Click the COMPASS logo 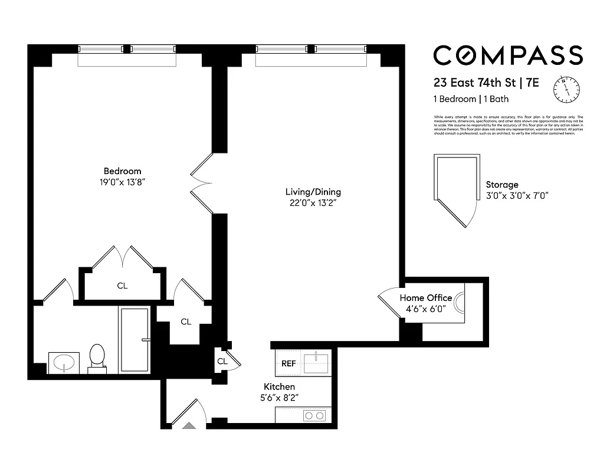[x=508, y=55]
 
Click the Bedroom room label [x=122, y=171]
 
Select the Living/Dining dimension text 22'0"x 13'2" [x=313, y=204]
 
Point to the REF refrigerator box [x=288, y=363]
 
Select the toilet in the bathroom [x=96, y=358]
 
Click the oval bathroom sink [x=63, y=361]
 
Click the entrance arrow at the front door [x=189, y=424]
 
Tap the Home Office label [x=425, y=298]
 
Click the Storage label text [x=502, y=185]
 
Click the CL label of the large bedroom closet [x=122, y=286]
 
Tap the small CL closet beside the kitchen [x=222, y=361]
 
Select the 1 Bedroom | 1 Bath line [x=471, y=99]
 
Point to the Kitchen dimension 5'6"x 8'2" [x=278, y=398]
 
